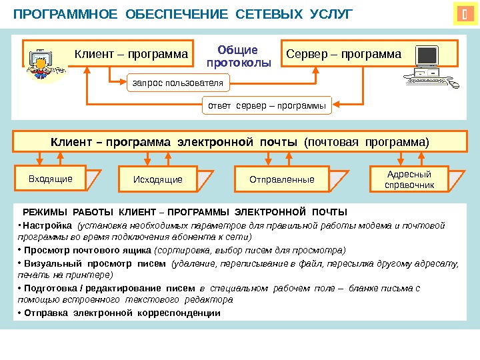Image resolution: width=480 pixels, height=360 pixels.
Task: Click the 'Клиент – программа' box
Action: pos(131,53)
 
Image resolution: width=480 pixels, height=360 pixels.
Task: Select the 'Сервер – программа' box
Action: pos(344,53)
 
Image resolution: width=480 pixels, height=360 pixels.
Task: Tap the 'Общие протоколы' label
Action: pos(239,57)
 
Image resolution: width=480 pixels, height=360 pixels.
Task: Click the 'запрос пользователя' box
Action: pos(177,83)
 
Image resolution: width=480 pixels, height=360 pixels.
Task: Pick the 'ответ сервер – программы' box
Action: pos(267,105)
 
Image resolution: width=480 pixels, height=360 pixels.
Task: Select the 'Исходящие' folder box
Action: pos(158,179)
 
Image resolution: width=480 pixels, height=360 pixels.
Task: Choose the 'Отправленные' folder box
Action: pos(281,179)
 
